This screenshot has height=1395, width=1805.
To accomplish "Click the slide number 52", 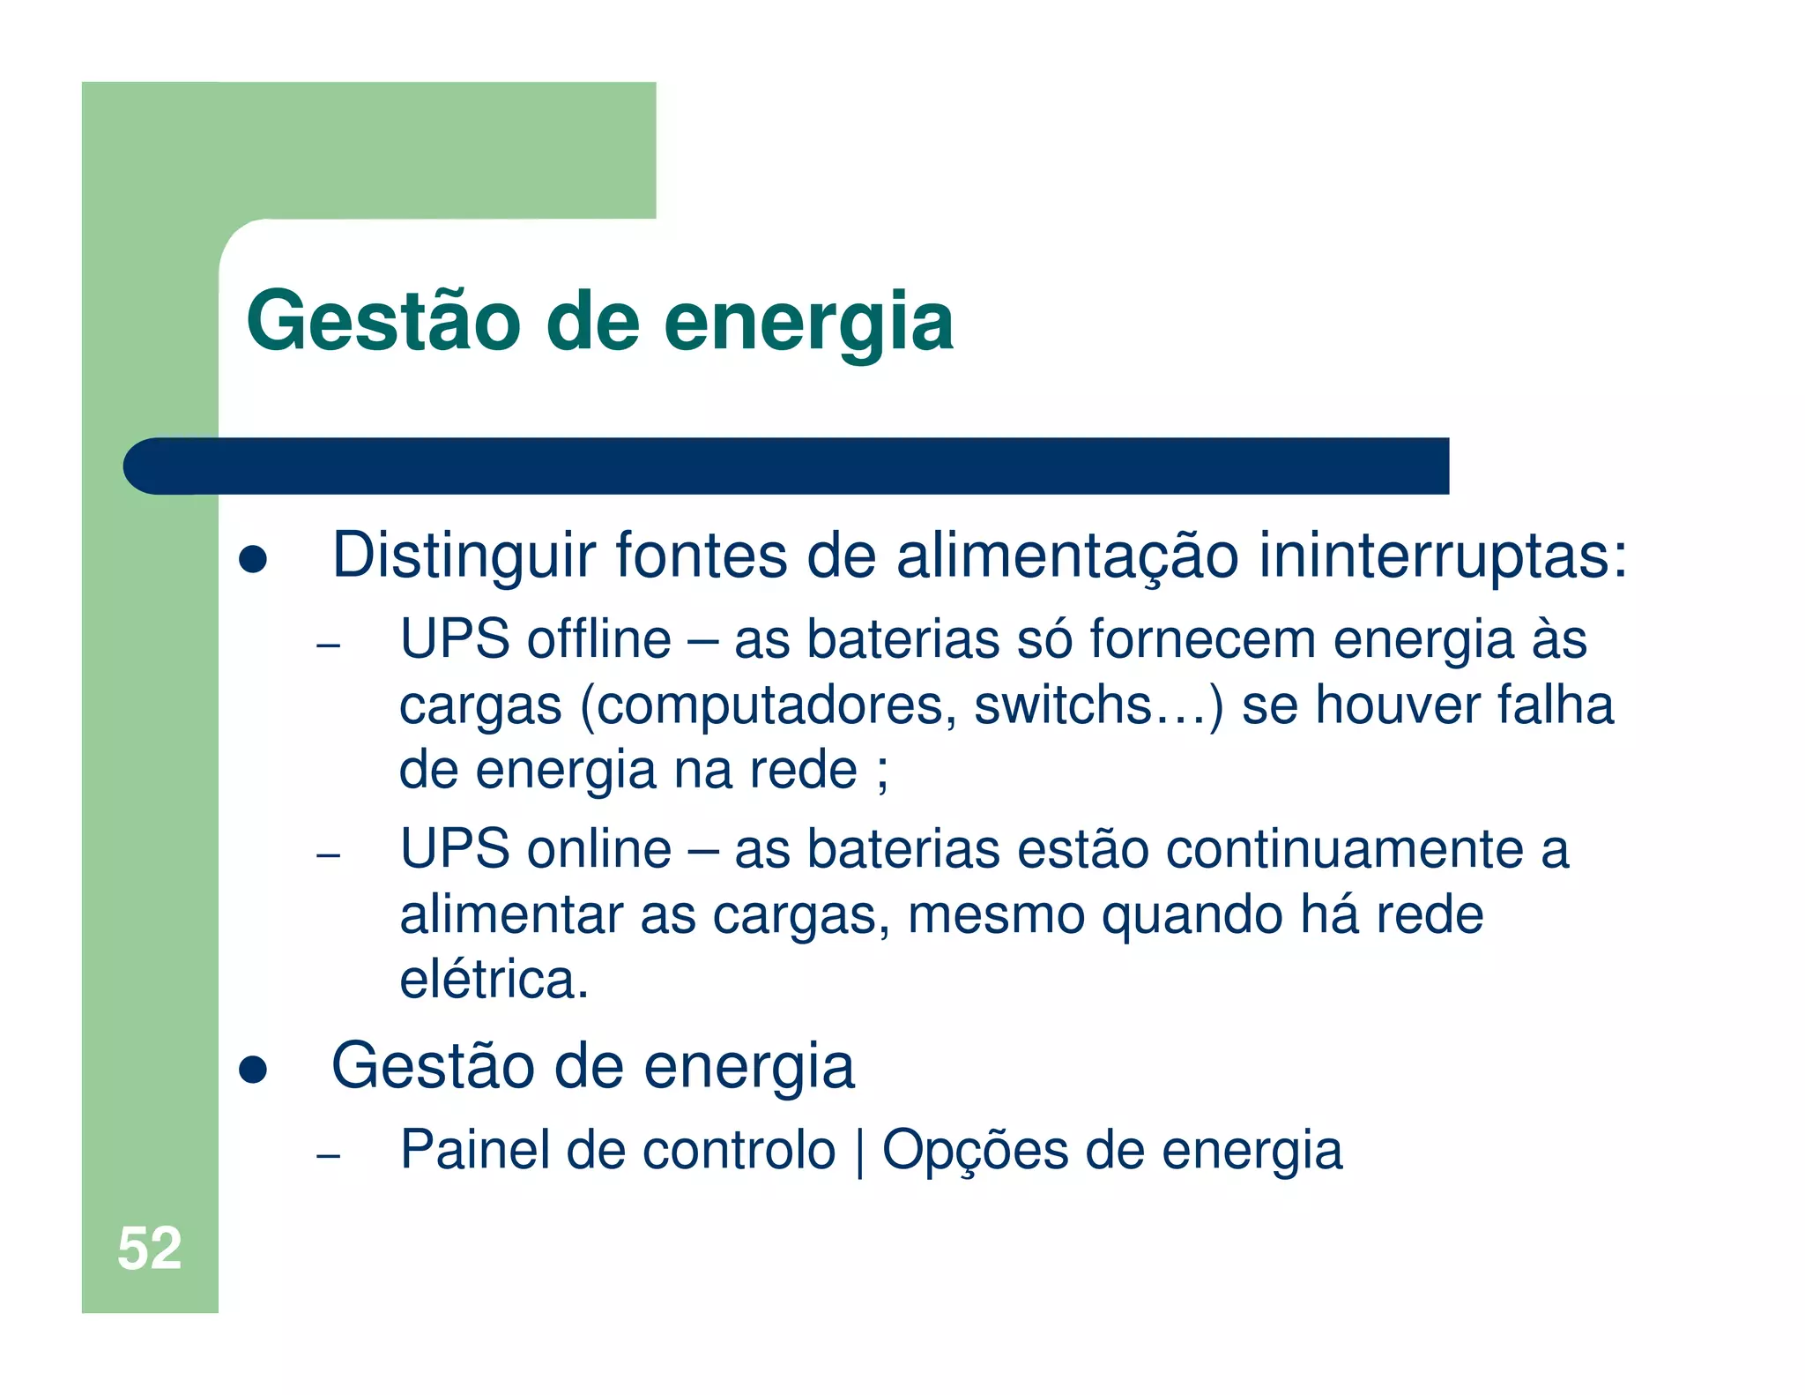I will (149, 1248).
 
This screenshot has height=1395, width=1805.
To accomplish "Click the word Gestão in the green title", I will (384, 322).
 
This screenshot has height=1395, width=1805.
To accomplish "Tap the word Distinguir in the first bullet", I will (464, 556).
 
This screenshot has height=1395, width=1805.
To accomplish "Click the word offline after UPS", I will (598, 639).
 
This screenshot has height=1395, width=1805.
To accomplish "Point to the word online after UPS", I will (599, 849).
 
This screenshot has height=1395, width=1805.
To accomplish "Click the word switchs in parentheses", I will (1062, 705).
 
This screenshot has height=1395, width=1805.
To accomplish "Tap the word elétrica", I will (494, 980).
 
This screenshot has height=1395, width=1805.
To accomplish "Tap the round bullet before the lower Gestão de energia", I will (253, 1070).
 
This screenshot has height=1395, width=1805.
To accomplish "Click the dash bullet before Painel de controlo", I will (328, 1155).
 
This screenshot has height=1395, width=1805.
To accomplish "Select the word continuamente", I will (1345, 849).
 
